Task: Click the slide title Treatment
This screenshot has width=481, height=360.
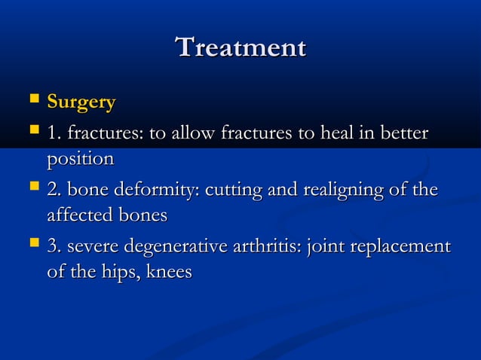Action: click(x=240, y=47)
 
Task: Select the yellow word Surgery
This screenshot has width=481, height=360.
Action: click(x=81, y=102)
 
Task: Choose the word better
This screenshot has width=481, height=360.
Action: click(x=404, y=133)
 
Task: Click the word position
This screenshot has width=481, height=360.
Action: click(x=81, y=160)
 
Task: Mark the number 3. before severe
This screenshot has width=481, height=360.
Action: click(x=54, y=246)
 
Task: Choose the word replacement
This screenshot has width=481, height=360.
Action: click(x=402, y=246)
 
